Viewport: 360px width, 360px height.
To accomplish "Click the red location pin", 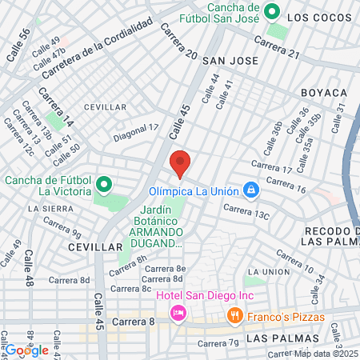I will tap(180, 163).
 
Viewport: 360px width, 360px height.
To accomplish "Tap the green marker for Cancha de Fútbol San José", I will tap(272, 12).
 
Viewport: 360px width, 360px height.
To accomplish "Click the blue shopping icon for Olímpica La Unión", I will tap(251, 190).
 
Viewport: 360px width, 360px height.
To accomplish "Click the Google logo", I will tap(27, 350).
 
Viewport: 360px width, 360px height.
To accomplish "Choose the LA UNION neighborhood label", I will tap(270, 272).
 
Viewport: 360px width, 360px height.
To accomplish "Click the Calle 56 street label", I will tap(18, 46).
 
